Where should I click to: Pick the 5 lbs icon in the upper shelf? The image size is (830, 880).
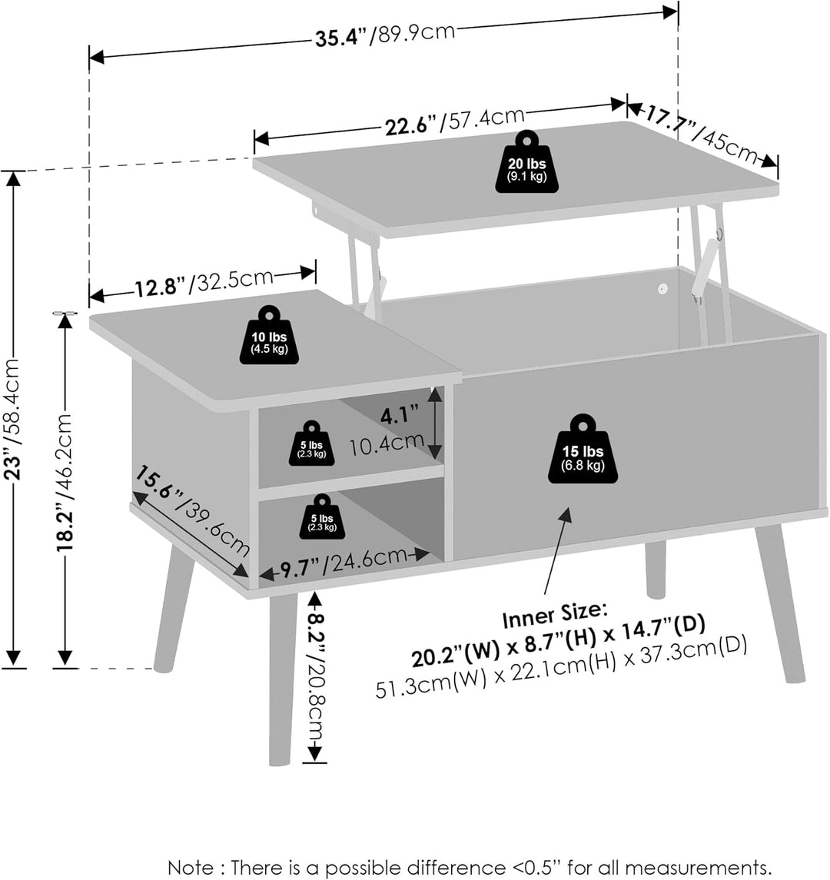[x=311, y=443]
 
